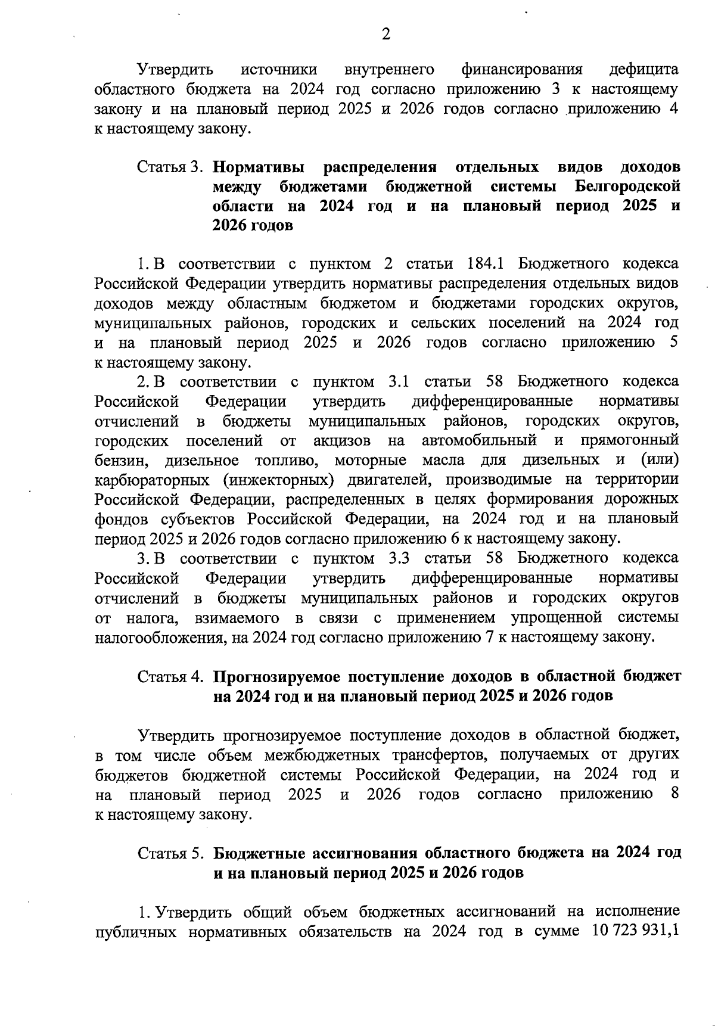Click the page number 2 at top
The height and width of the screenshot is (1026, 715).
(386, 35)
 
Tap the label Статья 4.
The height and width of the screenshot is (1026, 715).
(172, 676)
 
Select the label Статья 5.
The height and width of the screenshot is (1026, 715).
(172, 853)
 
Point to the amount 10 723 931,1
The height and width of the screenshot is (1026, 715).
(635, 931)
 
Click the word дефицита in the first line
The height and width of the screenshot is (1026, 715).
(644, 69)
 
